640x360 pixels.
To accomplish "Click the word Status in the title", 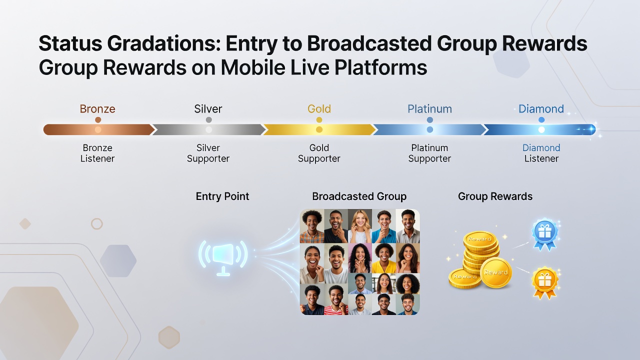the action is coord(70,43).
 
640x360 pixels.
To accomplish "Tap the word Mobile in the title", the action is coord(253,67).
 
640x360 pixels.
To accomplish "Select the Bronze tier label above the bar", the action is coord(97,109).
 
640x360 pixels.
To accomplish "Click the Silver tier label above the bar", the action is coord(208,109).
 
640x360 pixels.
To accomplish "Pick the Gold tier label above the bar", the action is coord(319,109).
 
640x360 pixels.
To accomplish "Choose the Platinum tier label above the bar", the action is coord(429,109).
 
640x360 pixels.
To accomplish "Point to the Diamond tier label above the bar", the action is coord(541,109).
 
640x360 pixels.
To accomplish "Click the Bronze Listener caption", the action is coord(97,153).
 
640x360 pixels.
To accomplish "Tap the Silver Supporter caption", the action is coord(208,153).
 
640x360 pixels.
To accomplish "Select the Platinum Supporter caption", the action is coord(429,153).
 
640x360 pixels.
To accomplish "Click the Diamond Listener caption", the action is coord(541,153).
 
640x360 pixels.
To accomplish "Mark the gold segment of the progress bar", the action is coord(319,129).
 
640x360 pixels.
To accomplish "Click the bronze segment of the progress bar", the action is coord(98,129).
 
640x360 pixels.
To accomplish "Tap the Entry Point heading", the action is coord(222,196).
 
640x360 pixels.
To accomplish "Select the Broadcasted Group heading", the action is coord(359,196).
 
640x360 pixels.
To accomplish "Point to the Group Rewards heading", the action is coord(495,196).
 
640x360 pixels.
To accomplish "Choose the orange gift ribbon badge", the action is coord(545,283).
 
